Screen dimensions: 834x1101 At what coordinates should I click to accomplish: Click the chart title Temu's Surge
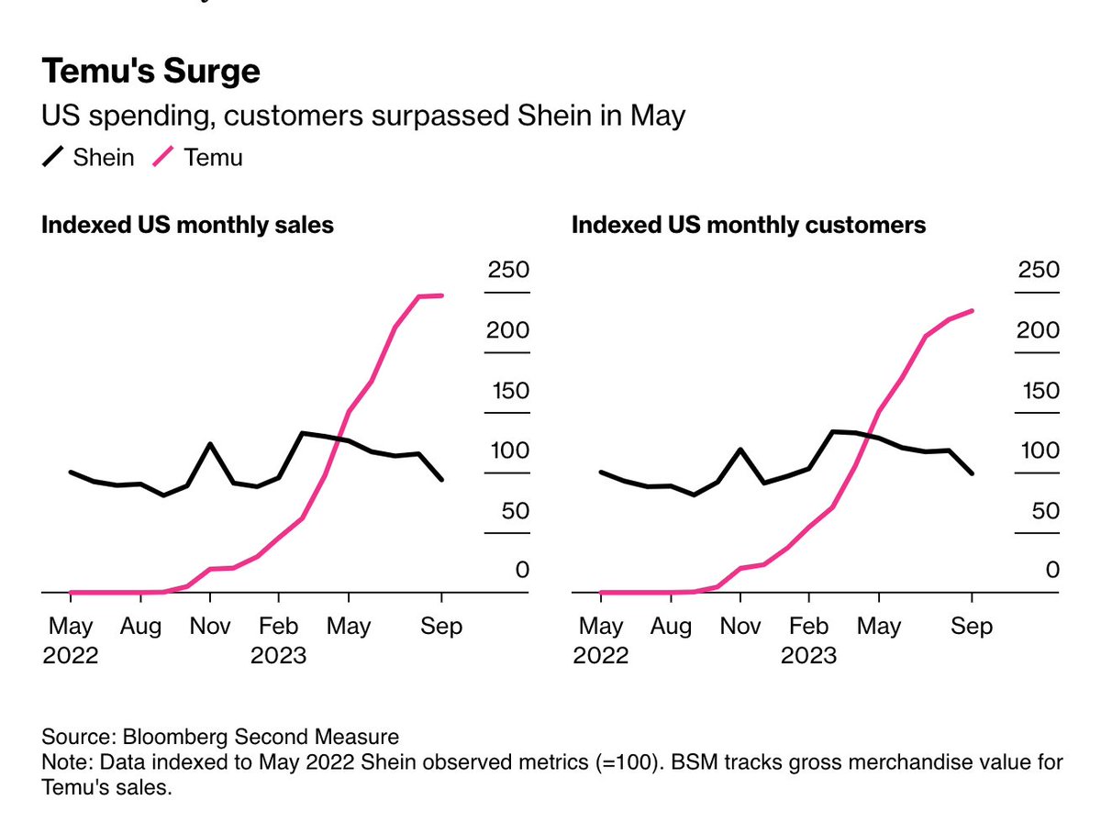[x=151, y=72]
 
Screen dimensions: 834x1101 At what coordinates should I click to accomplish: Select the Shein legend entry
[x=88, y=158]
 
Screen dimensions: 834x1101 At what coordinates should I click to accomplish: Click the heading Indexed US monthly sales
[x=187, y=226]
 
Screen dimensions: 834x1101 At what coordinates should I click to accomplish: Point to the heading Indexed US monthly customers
[x=749, y=226]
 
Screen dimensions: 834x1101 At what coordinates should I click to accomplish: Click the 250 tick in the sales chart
[x=508, y=271]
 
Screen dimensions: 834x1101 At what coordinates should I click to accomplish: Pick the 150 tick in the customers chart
[x=1039, y=391]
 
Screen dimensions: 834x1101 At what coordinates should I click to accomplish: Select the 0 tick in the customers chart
[x=1052, y=571]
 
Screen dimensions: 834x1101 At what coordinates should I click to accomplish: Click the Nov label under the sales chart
[x=210, y=627]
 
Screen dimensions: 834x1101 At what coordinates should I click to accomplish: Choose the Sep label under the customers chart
[x=972, y=627]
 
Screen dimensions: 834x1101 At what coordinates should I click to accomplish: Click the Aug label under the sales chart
[x=140, y=627]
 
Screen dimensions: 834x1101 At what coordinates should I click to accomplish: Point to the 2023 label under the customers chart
[x=808, y=656]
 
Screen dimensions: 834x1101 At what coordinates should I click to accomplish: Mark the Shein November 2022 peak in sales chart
[x=210, y=444]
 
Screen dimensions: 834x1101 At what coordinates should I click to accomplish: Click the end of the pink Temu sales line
[x=442, y=295]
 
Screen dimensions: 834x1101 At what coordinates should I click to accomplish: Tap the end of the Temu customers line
[x=973, y=311]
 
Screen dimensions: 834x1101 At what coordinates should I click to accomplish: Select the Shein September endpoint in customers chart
[x=973, y=473]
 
